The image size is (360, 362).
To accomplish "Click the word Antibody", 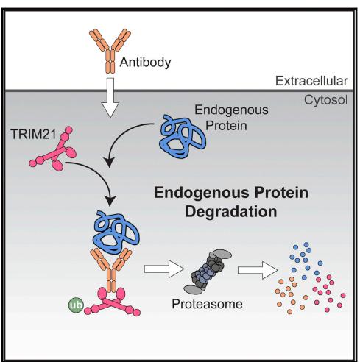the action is pyautogui.click(x=145, y=63).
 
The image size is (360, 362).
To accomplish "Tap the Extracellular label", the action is pyautogui.click(x=311, y=81).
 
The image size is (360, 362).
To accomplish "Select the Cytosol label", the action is pyautogui.click(x=326, y=100).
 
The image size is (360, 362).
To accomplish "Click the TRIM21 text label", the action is pyautogui.click(x=34, y=135).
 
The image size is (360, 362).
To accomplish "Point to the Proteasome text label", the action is pyautogui.click(x=207, y=304).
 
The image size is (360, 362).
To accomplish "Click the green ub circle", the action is pyautogui.click(x=76, y=305).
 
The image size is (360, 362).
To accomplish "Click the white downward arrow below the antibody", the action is pyautogui.click(x=110, y=98).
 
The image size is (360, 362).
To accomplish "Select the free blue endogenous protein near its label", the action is pyautogui.click(x=183, y=136).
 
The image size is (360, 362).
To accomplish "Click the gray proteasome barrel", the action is pyautogui.click(x=208, y=271).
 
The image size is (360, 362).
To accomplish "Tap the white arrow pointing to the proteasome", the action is pyautogui.click(x=164, y=269).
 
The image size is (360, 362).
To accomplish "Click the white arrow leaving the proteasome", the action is pyautogui.click(x=258, y=270).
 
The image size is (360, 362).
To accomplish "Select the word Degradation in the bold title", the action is pyautogui.click(x=231, y=212).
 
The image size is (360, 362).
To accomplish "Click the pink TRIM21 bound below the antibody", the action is pyautogui.click(x=112, y=302).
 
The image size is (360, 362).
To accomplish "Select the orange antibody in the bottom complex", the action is pyautogui.click(x=111, y=270).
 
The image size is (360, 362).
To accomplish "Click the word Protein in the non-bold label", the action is pyautogui.click(x=226, y=126).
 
